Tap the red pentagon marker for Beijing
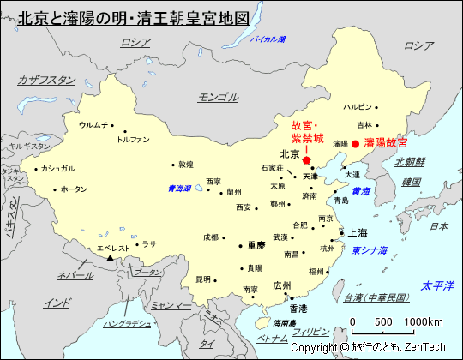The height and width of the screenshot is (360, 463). [x=306, y=160]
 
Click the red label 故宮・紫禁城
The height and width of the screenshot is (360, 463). [x=307, y=131]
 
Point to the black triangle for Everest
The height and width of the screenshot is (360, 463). [x=111, y=258]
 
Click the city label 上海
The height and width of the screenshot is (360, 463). [x=357, y=232]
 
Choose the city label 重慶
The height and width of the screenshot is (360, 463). [x=256, y=245]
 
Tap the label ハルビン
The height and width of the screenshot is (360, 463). [x=358, y=107]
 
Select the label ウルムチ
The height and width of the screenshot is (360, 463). [x=93, y=125]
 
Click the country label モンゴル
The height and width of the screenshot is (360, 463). [x=218, y=97]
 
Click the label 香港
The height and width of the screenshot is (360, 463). [x=298, y=309]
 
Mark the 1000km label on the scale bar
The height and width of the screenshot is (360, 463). [x=424, y=321]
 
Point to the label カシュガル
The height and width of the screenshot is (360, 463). [x=57, y=169]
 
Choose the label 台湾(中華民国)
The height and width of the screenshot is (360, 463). [x=375, y=297]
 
